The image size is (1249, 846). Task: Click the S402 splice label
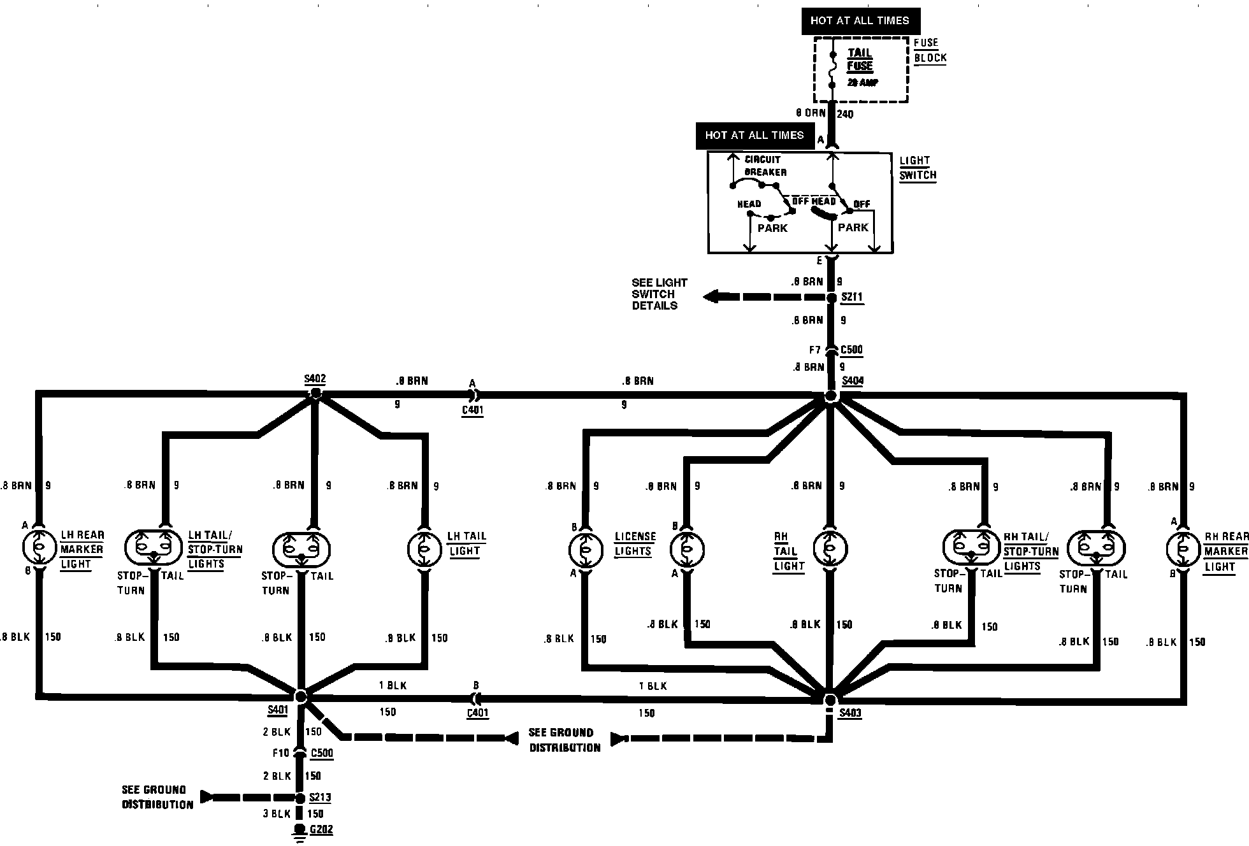[315, 379]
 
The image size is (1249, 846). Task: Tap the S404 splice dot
[830, 396]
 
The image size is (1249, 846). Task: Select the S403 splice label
[850, 713]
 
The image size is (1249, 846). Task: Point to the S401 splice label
[278, 710]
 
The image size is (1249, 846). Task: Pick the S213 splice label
[320, 798]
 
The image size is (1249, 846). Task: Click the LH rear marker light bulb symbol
[39, 548]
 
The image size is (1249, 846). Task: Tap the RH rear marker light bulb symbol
[1183, 549]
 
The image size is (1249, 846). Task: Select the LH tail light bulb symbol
[424, 548]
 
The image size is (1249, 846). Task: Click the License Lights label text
[635, 544]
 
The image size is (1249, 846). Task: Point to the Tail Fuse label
[859, 60]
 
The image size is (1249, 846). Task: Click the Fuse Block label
[930, 50]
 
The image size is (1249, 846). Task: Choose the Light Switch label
[918, 168]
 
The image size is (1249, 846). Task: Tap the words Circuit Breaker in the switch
[765, 166]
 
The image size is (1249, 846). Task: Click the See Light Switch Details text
[659, 294]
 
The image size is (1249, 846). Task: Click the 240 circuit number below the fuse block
[845, 115]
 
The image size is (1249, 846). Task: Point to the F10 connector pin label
[280, 753]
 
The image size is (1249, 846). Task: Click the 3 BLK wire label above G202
[277, 814]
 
